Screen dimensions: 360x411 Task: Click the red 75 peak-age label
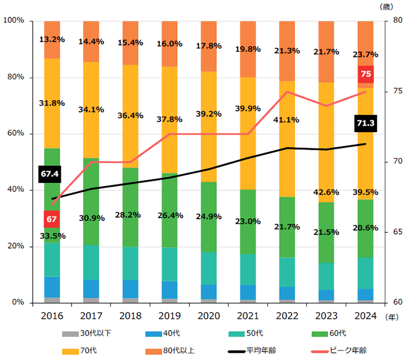pyautogui.click(x=365, y=74)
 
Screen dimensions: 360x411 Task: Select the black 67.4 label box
pyautogui.click(x=50, y=174)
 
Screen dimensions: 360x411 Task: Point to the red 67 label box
pyautogui.click(x=51, y=218)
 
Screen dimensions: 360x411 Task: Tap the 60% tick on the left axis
pyautogui.click(x=15, y=134)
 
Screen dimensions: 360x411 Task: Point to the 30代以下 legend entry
pyautogui.click(x=87, y=334)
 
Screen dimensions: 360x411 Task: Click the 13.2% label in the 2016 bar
pyautogui.click(x=52, y=39)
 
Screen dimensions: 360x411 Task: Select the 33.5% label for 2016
pyautogui.click(x=52, y=236)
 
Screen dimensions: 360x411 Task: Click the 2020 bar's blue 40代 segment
pyautogui.click(x=209, y=291)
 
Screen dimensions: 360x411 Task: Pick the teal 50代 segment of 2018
pyautogui.click(x=131, y=263)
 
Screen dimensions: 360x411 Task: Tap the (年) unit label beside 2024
pyautogui.click(x=392, y=317)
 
